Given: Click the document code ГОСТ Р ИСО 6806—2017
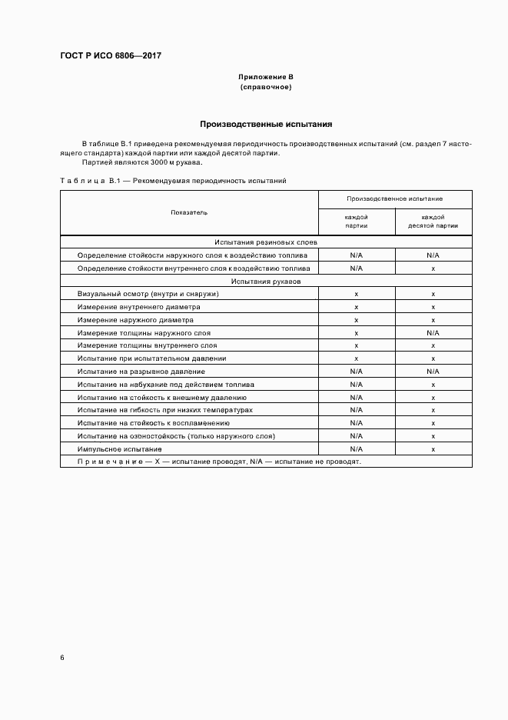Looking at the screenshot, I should point(111,56).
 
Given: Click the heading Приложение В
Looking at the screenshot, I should point(266,78).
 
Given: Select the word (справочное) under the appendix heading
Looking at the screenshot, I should point(266,88).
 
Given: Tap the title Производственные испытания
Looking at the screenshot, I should point(266,124).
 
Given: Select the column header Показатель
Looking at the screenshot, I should point(189,212).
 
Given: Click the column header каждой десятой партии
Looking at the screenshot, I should point(433,222).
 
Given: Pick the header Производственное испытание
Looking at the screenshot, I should point(394,198).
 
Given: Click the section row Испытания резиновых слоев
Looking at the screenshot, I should point(266,242).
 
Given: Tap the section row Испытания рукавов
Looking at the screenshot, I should point(266,282).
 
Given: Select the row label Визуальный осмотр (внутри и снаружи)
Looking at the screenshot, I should point(148,294).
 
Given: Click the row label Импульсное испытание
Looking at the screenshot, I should point(119,448).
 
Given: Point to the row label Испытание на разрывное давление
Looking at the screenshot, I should point(140,372).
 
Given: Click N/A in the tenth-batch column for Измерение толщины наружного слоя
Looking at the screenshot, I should point(433,333).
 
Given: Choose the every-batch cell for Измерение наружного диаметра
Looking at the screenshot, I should point(357,320).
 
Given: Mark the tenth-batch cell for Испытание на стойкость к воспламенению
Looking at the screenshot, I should point(433,423).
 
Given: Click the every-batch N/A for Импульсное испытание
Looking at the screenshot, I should point(357,448).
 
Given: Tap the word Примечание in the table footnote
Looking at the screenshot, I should point(105,462).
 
